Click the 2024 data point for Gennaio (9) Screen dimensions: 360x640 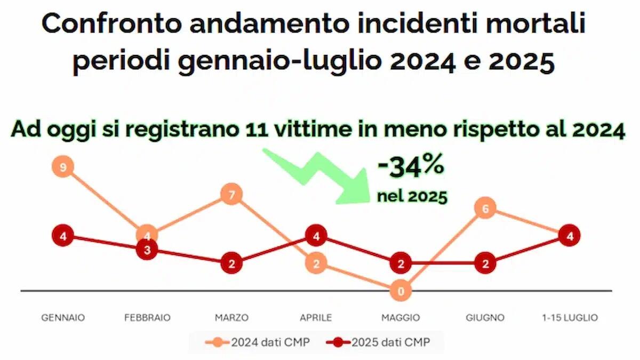(x=63, y=167)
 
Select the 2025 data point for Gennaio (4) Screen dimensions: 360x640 (x=63, y=236)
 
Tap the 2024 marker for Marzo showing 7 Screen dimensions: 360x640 (x=231, y=195)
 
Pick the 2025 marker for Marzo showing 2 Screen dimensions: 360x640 (x=231, y=263)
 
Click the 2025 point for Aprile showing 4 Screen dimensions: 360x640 (x=316, y=236)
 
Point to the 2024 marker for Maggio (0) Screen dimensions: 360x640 (x=401, y=291)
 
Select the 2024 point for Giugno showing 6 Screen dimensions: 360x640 (x=485, y=209)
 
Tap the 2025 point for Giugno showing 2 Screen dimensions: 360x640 (x=485, y=263)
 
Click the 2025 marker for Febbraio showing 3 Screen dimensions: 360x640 (x=147, y=250)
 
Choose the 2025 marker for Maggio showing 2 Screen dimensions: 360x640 (x=401, y=263)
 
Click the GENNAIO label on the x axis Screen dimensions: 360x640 (x=63, y=318)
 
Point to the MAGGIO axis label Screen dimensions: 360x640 (x=401, y=318)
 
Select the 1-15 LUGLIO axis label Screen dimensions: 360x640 (x=569, y=318)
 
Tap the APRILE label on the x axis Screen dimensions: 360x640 (x=316, y=318)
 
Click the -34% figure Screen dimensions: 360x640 (x=411, y=167)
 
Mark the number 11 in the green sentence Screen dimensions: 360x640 (x=255, y=131)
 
